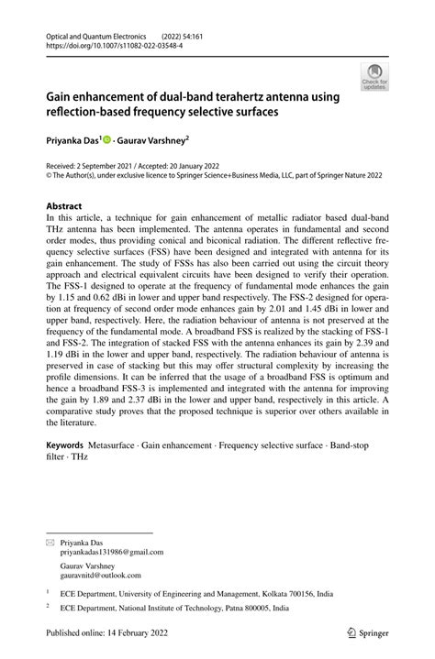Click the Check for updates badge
[x=374, y=77]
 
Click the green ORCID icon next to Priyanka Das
[x=106, y=140]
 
